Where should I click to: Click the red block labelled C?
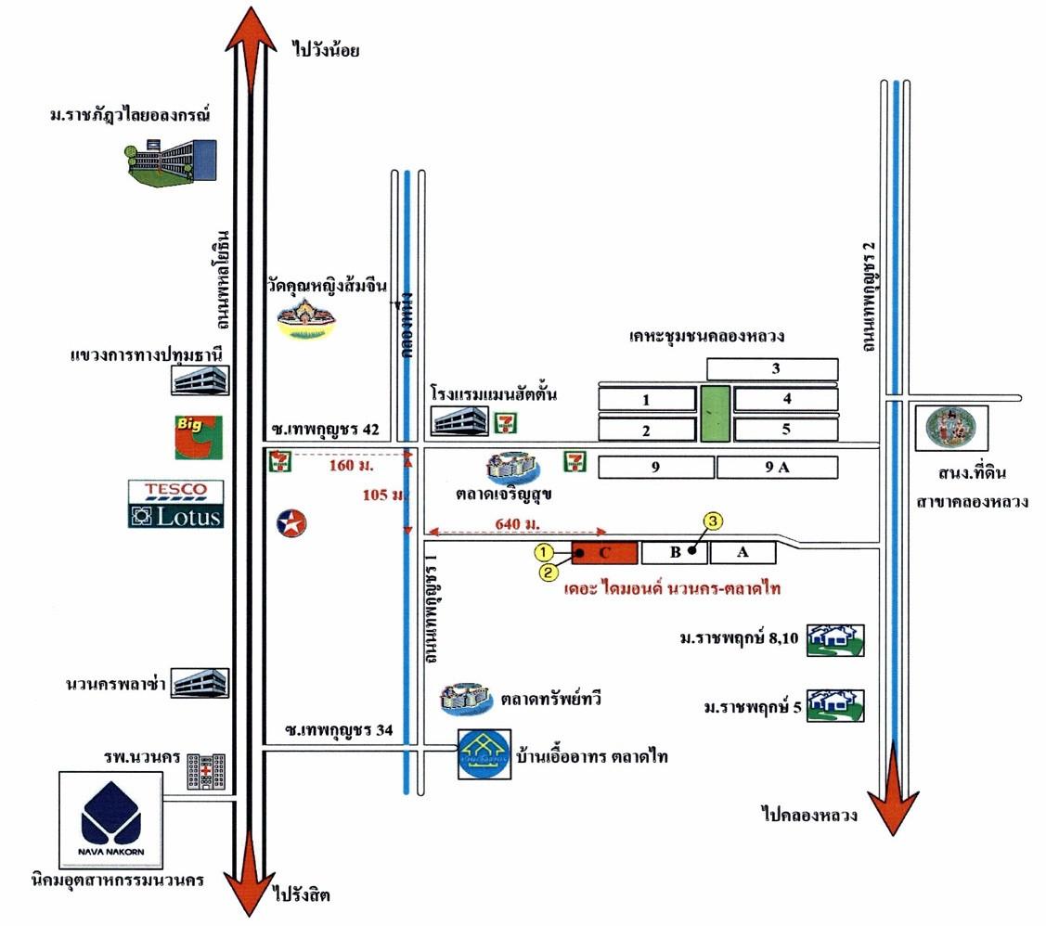point(604,553)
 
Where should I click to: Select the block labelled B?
point(675,553)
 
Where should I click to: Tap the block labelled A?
point(743,553)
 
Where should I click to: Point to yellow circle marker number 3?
point(712,521)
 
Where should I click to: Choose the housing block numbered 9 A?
point(777,468)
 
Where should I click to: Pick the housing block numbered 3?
point(773,369)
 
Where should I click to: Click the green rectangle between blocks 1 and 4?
point(715,413)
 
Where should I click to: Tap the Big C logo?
point(198,437)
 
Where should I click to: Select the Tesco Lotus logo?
point(176,504)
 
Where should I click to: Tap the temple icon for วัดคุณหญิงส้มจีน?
point(310,321)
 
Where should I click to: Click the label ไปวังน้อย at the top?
point(325,50)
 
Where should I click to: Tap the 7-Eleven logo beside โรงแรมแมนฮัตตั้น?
point(507,422)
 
